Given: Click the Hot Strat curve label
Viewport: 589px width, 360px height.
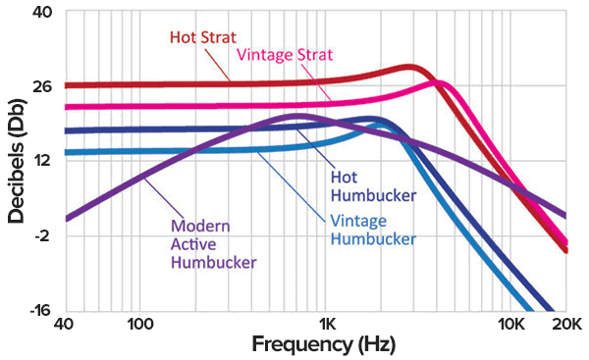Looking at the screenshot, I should coord(201,38).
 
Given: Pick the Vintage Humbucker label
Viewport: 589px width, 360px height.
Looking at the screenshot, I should coord(373,229).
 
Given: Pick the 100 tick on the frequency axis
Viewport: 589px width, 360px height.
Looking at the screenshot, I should coord(138,325).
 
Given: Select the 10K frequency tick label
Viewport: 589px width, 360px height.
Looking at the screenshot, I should coord(510,325).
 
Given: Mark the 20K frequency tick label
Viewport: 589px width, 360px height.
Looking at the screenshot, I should coord(565,325).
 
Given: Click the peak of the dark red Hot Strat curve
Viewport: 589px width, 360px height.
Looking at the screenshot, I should coord(410,68).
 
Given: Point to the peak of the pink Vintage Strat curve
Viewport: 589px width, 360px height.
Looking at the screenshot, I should coord(439,83).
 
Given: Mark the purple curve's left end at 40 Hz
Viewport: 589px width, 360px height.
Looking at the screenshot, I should coord(67,218).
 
